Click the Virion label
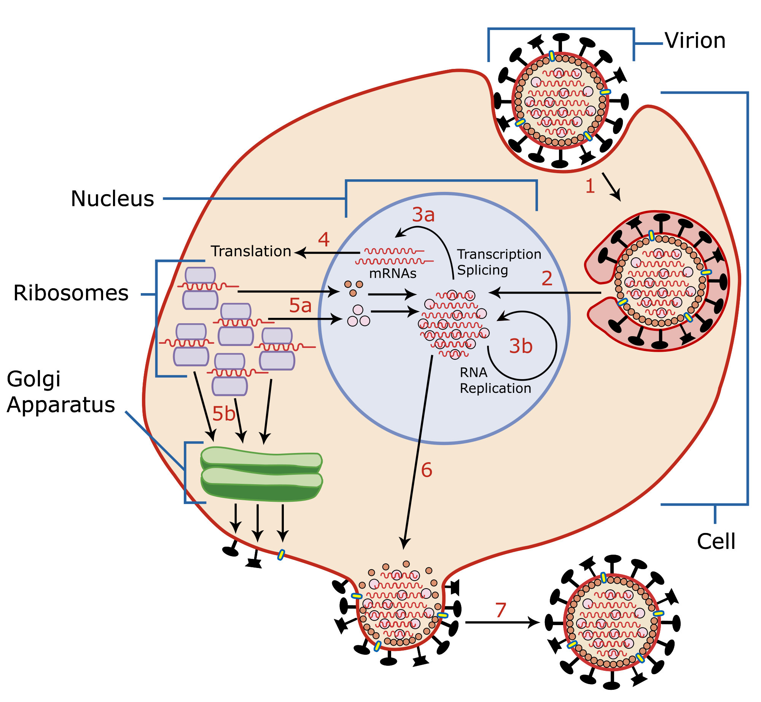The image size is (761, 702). click(695, 41)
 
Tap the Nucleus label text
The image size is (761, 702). click(112, 199)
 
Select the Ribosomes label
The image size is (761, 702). click(71, 293)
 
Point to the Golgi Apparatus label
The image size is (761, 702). click(60, 392)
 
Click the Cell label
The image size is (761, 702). click(716, 541)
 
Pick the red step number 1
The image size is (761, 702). click(590, 187)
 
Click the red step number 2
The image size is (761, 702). click(547, 279)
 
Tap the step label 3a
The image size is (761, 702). click(423, 215)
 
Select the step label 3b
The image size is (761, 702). click(521, 346)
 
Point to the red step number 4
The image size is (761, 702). click(323, 240)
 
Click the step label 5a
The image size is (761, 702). click(300, 305)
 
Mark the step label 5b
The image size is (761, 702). click(224, 414)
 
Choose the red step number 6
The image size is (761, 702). click(427, 470)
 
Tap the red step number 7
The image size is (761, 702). click(501, 610)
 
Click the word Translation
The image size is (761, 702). click(251, 252)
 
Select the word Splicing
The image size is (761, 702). click(482, 270)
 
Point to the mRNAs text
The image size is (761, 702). click(393, 274)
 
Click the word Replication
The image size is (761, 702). click(495, 388)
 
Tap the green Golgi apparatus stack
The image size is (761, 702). click(261, 476)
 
